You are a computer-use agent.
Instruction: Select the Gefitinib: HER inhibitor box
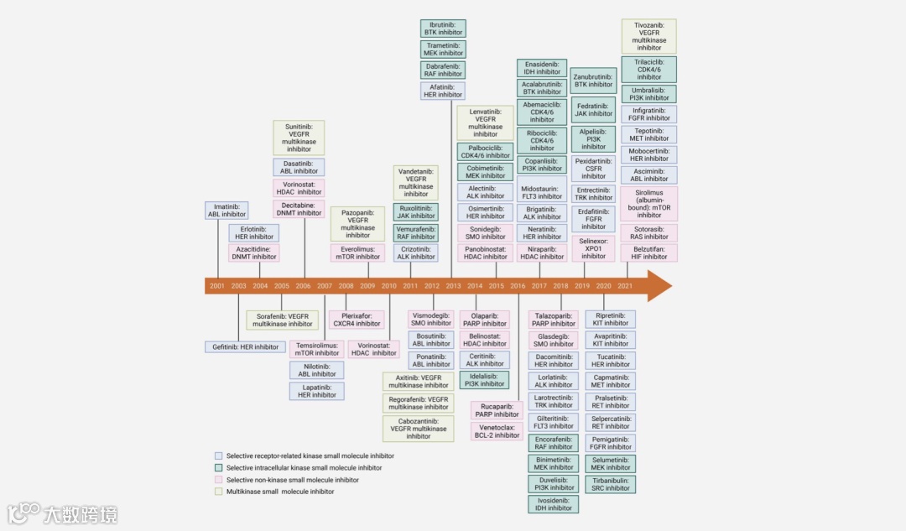(x=245, y=346)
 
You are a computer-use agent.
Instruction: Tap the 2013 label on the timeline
(x=453, y=286)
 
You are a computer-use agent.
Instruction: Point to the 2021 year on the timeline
(x=625, y=286)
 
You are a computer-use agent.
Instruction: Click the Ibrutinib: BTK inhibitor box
(x=443, y=29)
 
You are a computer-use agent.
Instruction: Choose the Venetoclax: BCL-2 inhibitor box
(x=496, y=431)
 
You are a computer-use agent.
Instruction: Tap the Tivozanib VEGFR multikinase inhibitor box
(x=648, y=37)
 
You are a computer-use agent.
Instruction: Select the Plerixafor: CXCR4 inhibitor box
(x=357, y=320)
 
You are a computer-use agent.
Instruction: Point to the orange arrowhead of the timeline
(x=659, y=286)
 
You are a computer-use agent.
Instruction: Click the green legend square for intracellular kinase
(x=219, y=468)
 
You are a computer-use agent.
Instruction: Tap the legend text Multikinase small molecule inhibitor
(x=280, y=492)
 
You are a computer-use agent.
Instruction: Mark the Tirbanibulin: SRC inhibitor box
(x=610, y=484)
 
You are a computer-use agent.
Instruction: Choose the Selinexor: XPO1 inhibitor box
(x=593, y=247)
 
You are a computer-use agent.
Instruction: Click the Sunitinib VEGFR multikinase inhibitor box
(x=299, y=138)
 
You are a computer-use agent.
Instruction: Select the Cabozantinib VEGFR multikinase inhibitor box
(x=418, y=428)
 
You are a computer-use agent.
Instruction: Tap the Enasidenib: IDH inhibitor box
(x=542, y=68)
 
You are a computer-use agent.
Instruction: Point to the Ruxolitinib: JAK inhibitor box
(x=415, y=211)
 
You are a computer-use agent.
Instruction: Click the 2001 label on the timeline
(x=217, y=286)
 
